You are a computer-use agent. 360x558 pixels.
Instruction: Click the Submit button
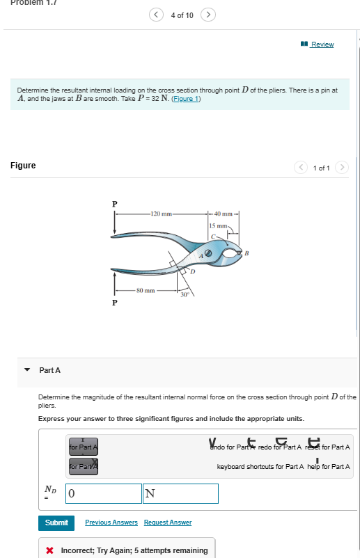pyautogui.click(x=56, y=522)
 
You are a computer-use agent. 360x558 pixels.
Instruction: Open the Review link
pyautogui.click(x=322, y=45)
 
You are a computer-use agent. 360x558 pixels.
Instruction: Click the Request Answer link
pyautogui.click(x=168, y=523)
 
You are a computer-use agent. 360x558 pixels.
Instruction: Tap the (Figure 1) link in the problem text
pyautogui.click(x=187, y=99)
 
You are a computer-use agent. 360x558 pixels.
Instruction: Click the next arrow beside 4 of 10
pyautogui.click(x=208, y=15)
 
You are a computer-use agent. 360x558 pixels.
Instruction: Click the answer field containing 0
pyautogui.click(x=103, y=494)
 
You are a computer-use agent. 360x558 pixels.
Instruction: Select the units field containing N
pyautogui.click(x=180, y=494)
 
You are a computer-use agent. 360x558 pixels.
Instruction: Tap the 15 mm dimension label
pyautogui.click(x=217, y=227)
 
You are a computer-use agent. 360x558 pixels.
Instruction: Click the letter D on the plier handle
pyautogui.click(x=185, y=271)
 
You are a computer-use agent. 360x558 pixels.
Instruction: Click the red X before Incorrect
pyautogui.click(x=50, y=550)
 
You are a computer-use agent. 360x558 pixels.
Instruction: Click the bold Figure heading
pyautogui.click(x=23, y=166)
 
